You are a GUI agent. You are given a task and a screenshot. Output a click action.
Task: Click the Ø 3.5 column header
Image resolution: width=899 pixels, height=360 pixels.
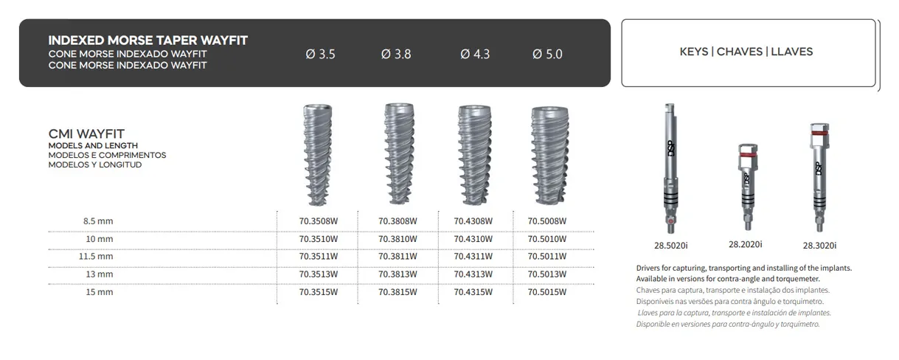[x=320, y=54]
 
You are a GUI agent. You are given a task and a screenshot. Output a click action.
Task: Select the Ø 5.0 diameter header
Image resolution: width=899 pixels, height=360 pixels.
[x=546, y=54]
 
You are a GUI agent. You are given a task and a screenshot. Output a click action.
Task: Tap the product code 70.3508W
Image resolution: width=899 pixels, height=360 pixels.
[x=319, y=221]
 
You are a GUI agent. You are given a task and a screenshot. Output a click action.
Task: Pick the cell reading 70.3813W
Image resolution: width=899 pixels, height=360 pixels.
[x=398, y=274]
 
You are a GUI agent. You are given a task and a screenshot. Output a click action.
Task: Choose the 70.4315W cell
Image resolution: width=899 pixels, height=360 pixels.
[x=473, y=291]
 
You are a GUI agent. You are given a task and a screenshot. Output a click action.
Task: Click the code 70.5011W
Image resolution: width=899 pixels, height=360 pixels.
[x=547, y=256]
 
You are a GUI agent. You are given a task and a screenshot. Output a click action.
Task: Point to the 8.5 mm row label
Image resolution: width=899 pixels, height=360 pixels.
[x=98, y=221]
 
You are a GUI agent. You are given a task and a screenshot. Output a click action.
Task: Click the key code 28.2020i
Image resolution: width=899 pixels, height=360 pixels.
[x=745, y=244]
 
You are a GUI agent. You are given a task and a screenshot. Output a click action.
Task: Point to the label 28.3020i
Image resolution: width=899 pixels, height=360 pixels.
[x=819, y=246]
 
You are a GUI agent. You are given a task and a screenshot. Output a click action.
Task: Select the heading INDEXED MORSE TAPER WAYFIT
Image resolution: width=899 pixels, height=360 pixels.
[x=147, y=40]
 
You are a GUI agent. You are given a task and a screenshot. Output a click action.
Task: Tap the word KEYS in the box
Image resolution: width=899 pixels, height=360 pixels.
[x=694, y=52]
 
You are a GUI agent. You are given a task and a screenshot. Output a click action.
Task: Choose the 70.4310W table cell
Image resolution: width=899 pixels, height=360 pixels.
[x=473, y=238]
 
